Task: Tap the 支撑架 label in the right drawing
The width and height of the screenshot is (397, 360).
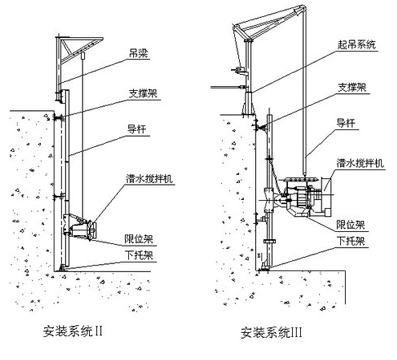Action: click(350, 87)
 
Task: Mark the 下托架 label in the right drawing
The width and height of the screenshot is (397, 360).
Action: click(351, 241)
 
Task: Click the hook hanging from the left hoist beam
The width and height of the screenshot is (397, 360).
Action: click(83, 54)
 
